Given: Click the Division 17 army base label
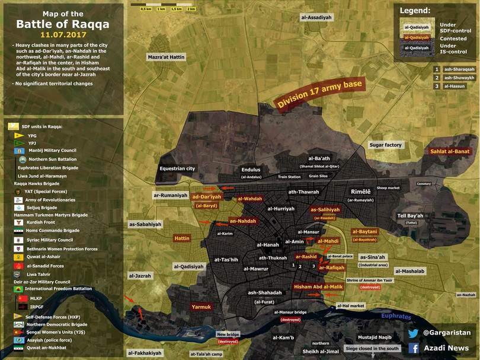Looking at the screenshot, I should (x=320, y=94).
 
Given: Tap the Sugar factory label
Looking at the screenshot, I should (x=385, y=145).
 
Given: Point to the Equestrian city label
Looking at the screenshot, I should (x=177, y=168).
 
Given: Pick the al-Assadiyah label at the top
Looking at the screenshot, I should (x=316, y=18).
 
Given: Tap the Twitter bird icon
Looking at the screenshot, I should (x=413, y=333).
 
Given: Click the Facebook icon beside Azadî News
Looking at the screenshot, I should (x=413, y=348).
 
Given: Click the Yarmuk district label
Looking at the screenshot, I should (x=201, y=307).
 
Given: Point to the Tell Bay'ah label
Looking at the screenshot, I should (x=410, y=216).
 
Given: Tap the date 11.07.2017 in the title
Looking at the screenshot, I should (x=63, y=35).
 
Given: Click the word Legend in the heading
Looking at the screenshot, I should (x=415, y=10).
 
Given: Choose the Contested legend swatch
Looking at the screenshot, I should (x=415, y=37).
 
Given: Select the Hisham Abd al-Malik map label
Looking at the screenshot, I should (x=318, y=286).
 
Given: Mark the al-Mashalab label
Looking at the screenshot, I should (x=410, y=271).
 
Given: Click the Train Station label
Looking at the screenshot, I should (x=289, y=177).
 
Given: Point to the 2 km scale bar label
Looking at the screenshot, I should (x=191, y=9).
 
